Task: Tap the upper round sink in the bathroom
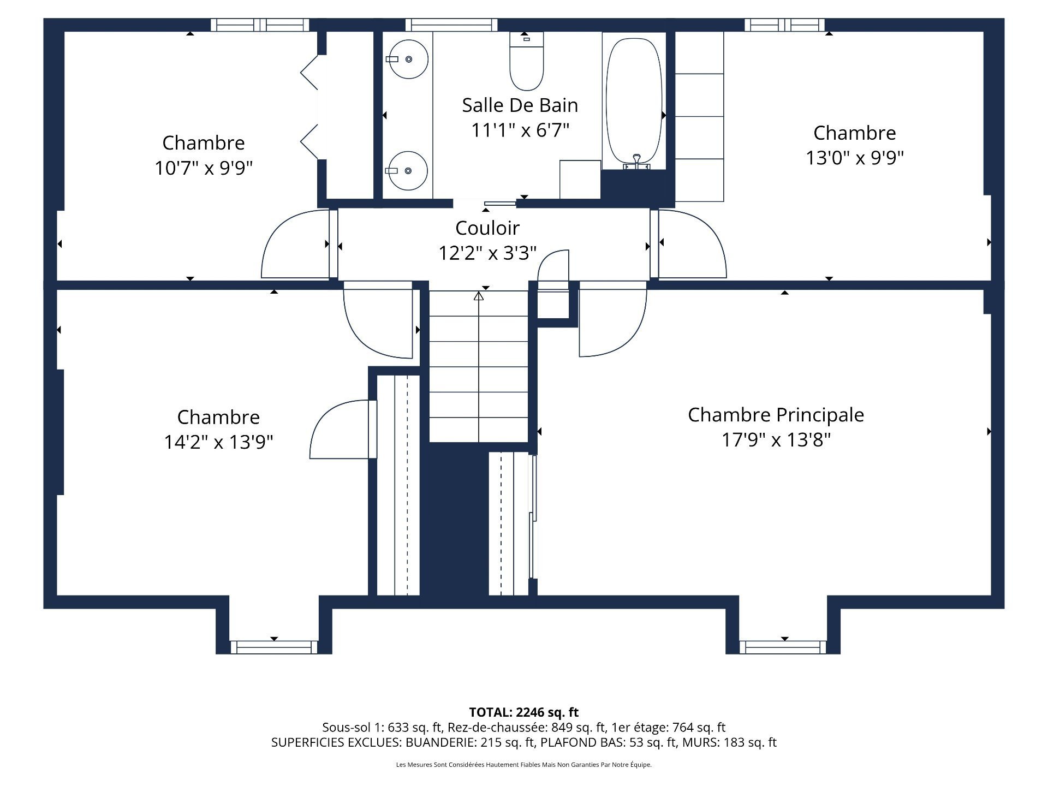tap(408, 59)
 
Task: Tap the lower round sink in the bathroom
tap(408, 170)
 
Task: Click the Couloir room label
tap(487, 228)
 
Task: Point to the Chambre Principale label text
tap(776, 415)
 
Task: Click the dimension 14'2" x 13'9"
tap(218, 442)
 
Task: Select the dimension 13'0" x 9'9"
tap(854, 158)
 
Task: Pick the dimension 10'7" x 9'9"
tap(203, 168)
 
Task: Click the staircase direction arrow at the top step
tap(479, 296)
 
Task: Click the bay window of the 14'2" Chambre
tap(274, 647)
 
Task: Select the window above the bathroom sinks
tap(451, 25)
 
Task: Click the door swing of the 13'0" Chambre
tap(693, 246)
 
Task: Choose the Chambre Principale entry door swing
tap(611, 322)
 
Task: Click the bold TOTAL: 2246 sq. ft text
tap(523, 712)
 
